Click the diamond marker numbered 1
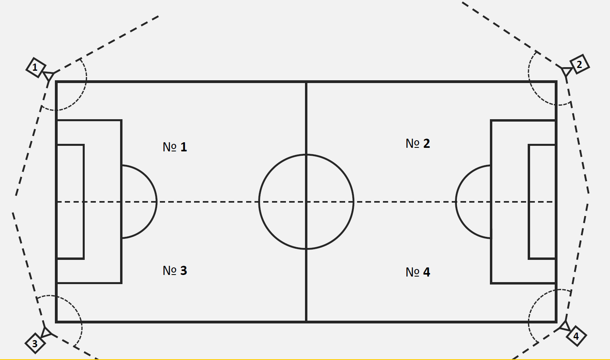35,67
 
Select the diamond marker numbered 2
579,64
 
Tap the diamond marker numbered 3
35,343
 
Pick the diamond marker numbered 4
575,337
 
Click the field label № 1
175,147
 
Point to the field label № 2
418,143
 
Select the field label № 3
175,271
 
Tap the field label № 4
418,272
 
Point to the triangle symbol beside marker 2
566,72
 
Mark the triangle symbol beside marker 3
46,332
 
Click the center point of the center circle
306,202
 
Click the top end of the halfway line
306,82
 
